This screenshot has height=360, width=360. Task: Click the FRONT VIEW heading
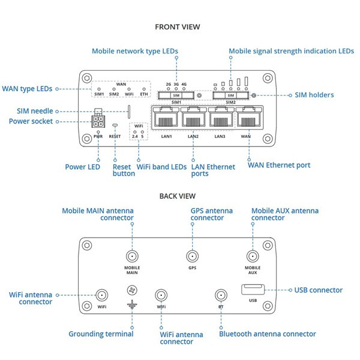coord(177,27)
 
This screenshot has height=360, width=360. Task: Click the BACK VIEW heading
coord(177,196)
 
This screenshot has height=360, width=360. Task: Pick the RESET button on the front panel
coord(115,127)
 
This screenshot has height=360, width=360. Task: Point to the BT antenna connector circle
coord(221,295)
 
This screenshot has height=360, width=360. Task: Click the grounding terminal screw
coord(132,290)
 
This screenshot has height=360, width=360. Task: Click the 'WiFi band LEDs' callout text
coord(161,167)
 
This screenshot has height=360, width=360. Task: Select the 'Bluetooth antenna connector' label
coord(267,334)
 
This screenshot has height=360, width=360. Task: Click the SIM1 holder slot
coord(176,95)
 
